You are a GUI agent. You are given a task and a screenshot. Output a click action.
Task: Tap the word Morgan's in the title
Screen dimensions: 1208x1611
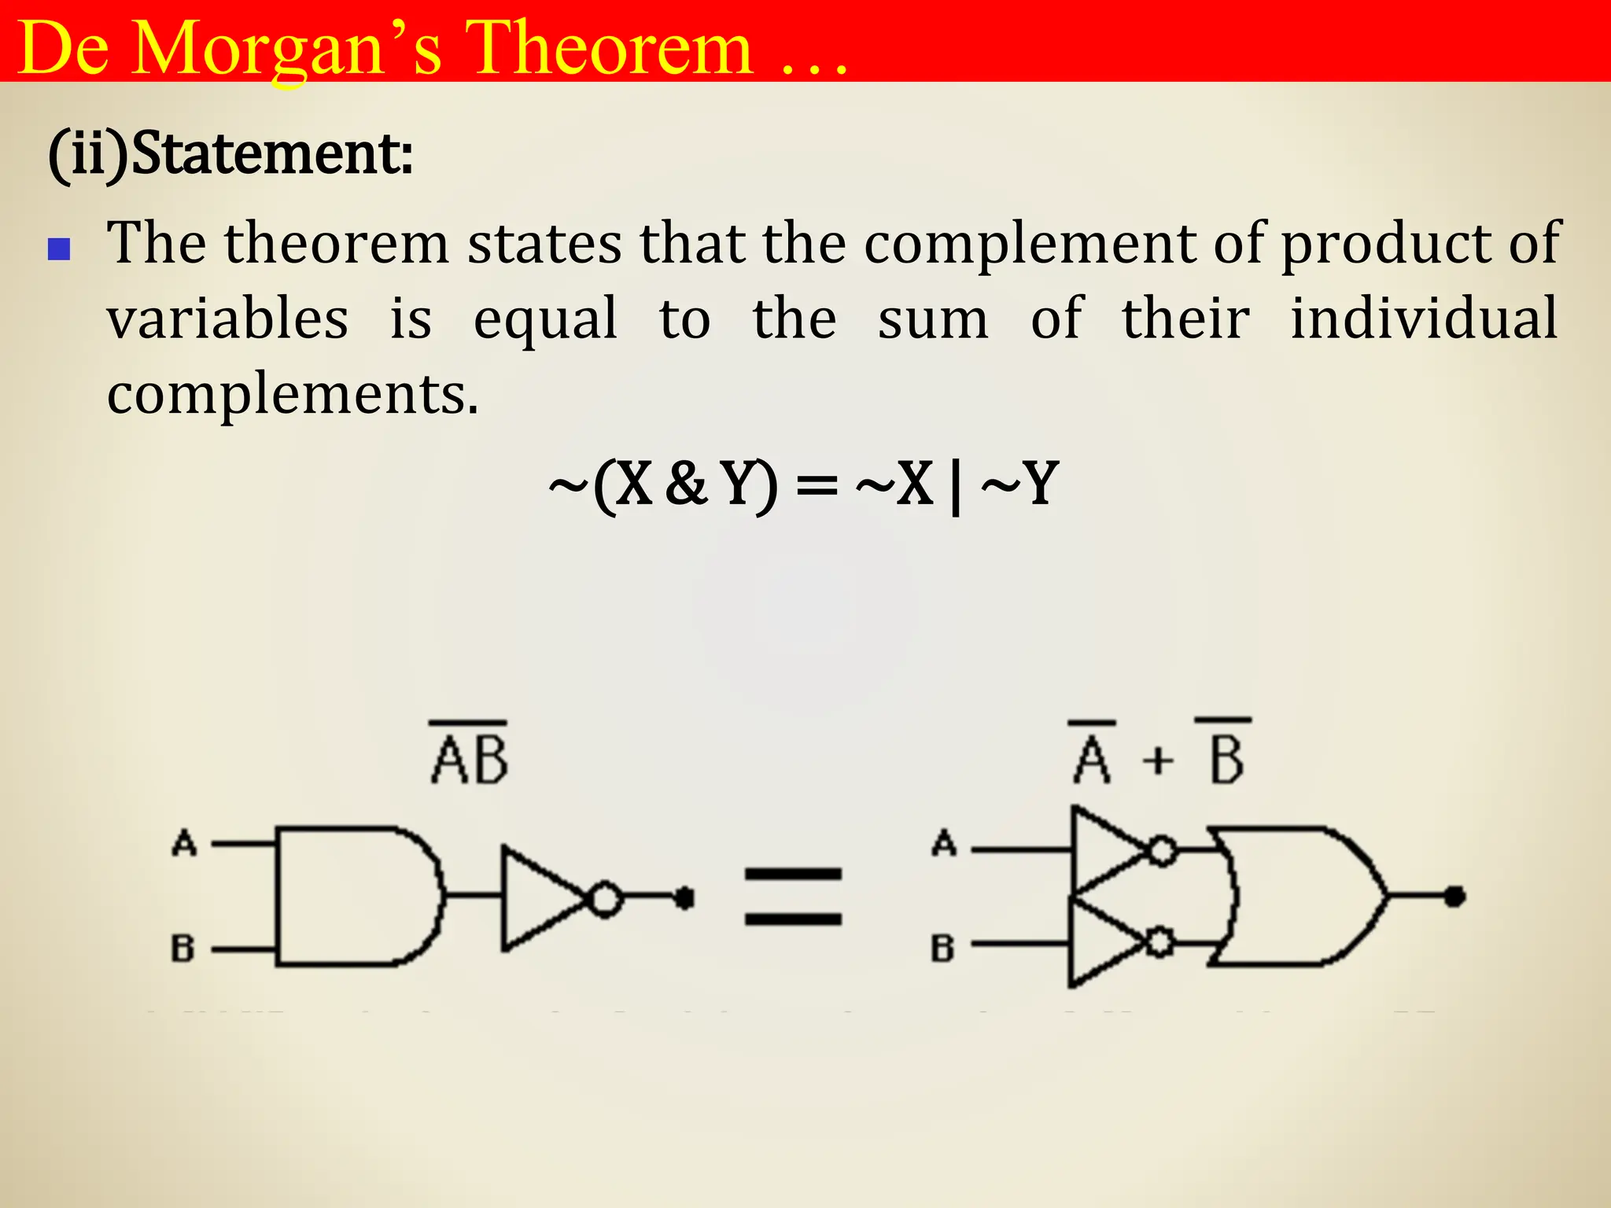tap(287, 49)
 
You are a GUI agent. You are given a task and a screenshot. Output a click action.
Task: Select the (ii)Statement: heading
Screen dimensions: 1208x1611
tap(230, 153)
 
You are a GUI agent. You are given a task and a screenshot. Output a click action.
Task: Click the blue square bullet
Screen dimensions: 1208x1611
tap(59, 249)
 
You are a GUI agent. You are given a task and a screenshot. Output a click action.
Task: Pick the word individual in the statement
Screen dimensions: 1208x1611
tap(1424, 319)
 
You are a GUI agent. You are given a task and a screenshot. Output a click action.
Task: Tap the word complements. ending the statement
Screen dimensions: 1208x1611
tap(293, 393)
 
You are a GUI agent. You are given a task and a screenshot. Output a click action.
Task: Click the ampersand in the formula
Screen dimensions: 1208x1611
tap(686, 484)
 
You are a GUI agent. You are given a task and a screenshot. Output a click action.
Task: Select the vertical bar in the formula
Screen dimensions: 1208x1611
tap(956, 485)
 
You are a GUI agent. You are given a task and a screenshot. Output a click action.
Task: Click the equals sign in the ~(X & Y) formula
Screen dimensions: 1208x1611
tap(817, 485)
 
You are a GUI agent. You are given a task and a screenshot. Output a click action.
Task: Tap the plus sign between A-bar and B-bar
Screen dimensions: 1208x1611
tap(1158, 761)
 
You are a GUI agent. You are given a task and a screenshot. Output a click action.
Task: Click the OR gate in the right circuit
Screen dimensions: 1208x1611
tap(1298, 896)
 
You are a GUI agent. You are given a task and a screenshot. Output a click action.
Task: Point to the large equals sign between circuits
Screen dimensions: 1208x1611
tap(793, 896)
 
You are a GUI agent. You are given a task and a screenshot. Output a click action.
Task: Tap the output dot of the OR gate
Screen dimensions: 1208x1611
tap(1454, 896)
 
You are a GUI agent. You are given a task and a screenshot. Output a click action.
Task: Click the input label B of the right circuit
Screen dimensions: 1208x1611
tap(942, 948)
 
